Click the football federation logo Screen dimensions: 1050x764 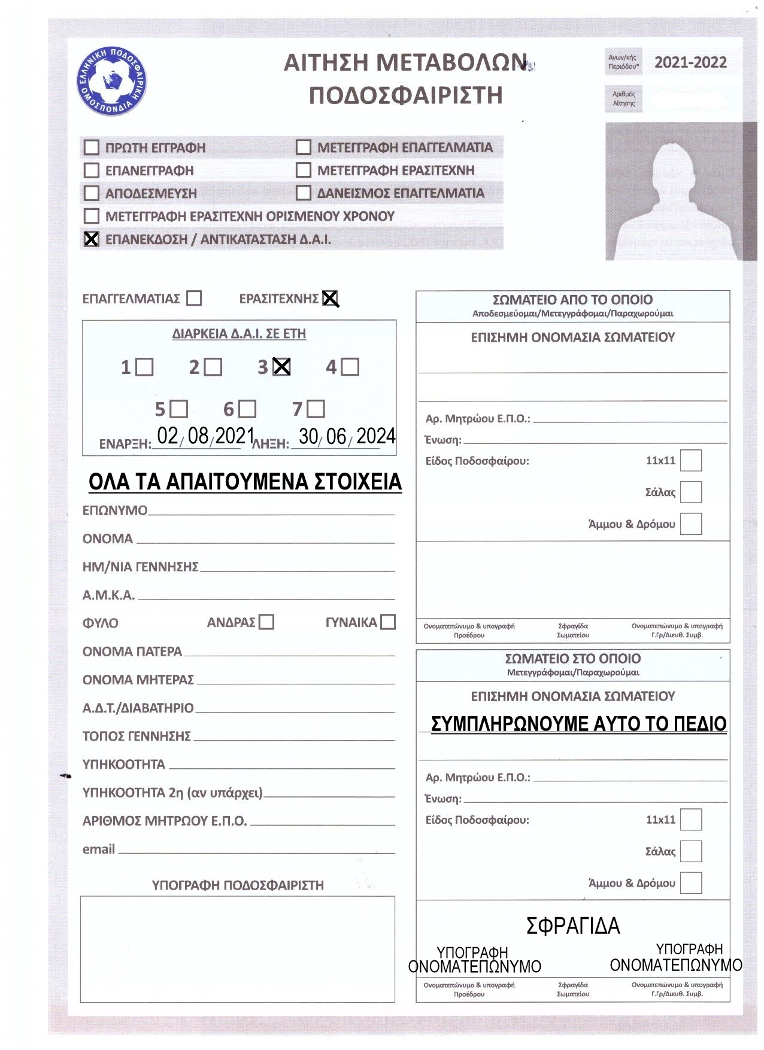(x=111, y=81)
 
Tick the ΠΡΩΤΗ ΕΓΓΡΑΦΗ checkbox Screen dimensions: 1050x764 (x=91, y=147)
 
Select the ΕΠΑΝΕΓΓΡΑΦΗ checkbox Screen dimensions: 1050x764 (x=91, y=171)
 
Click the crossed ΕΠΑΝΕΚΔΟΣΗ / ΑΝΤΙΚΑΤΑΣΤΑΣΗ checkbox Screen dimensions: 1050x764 (x=91, y=239)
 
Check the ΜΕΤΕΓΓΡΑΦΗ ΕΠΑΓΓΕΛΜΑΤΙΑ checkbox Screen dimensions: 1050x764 (x=304, y=147)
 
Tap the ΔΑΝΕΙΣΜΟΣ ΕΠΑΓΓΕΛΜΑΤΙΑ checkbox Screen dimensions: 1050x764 (x=304, y=193)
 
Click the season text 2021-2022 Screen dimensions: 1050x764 (x=690, y=63)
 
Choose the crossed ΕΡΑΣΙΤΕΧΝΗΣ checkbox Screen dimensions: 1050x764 (x=331, y=298)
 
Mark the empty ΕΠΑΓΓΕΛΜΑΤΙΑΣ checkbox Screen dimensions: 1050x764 (x=194, y=298)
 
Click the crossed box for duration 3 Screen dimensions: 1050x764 (x=281, y=367)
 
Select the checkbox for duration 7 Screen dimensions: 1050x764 (x=316, y=409)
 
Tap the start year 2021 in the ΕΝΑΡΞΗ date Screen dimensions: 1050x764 (x=235, y=436)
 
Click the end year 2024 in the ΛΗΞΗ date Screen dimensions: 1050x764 (x=375, y=436)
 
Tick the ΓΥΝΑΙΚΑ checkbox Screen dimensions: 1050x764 (x=388, y=622)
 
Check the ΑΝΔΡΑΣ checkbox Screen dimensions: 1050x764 (x=266, y=622)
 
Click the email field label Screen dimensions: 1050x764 (x=99, y=849)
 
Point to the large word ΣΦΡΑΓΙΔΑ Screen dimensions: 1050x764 (x=573, y=926)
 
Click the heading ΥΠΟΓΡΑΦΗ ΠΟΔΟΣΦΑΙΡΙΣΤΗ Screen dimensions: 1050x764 (x=238, y=885)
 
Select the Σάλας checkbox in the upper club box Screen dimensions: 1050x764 (x=691, y=492)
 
